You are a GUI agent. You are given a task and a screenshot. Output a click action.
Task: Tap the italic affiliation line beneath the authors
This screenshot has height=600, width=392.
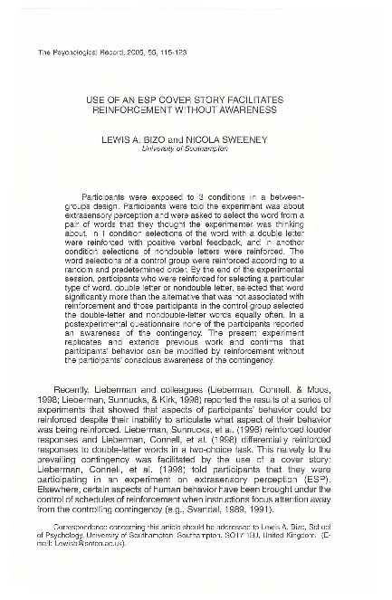point(196,149)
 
